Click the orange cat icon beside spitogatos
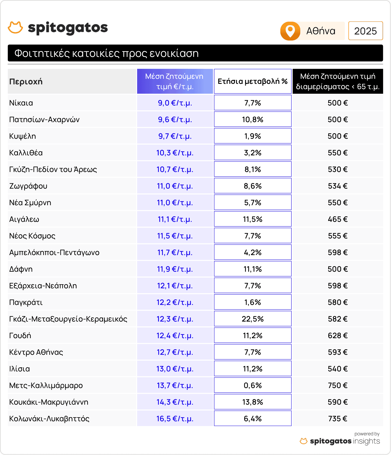pyautogui.click(x=15, y=28)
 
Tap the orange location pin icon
pyautogui.click(x=290, y=31)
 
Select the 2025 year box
pyautogui.click(x=365, y=31)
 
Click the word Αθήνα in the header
pyautogui.click(x=321, y=31)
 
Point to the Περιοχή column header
pyautogui.click(x=26, y=82)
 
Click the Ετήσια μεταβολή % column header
pyautogui.click(x=253, y=81)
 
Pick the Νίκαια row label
pyautogui.click(x=21, y=103)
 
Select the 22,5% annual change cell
pyautogui.click(x=253, y=319)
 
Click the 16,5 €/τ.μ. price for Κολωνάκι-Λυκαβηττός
pyautogui.click(x=175, y=419)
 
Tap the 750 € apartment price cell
pyautogui.click(x=338, y=386)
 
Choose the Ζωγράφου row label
pyautogui.click(x=28, y=186)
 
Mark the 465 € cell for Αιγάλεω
pyautogui.click(x=338, y=219)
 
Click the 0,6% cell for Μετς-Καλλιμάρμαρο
pyautogui.click(x=253, y=386)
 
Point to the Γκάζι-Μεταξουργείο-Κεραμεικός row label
pyautogui.click(x=68, y=319)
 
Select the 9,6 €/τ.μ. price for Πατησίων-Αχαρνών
pyautogui.click(x=175, y=120)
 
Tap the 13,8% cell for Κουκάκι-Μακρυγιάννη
pyautogui.click(x=253, y=402)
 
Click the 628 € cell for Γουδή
pyautogui.click(x=338, y=336)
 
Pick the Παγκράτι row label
pyautogui.click(x=26, y=302)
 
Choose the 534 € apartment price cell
pyautogui.click(x=338, y=186)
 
